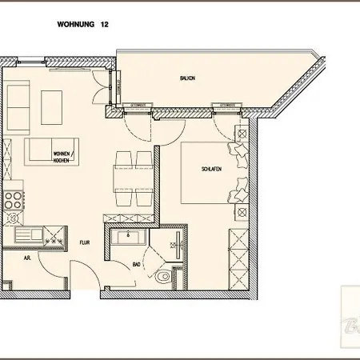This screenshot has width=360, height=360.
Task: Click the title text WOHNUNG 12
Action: [x=83, y=25]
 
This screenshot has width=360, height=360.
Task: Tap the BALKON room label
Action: [x=187, y=78]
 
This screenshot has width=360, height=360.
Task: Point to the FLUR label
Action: [x=83, y=238]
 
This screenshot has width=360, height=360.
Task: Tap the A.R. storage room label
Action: [x=26, y=258]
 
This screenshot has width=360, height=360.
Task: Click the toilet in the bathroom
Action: [x=165, y=277]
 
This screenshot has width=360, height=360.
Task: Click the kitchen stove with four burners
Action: [x=13, y=207]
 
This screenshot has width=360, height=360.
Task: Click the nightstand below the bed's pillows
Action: [x=241, y=212]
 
